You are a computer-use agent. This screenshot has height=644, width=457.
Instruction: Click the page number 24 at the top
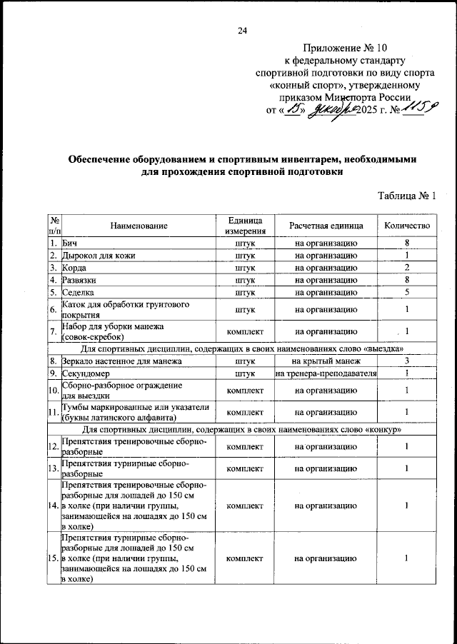242,30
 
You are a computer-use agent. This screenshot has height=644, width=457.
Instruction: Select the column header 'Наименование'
139,226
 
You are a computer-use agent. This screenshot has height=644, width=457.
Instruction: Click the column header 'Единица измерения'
245,226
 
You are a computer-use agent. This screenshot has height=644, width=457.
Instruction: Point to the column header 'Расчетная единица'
326,226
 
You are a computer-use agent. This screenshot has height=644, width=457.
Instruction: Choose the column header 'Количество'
406,226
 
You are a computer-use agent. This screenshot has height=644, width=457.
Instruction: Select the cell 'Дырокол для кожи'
98,256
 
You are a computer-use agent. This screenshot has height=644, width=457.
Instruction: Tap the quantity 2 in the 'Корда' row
406,268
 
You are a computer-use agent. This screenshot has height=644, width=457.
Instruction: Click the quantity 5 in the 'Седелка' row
406,292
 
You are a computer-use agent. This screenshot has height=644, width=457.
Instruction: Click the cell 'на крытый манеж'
326,362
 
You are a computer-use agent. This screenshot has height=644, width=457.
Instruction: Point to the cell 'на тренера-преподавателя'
326,373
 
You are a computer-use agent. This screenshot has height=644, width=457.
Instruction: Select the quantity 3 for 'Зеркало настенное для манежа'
406,362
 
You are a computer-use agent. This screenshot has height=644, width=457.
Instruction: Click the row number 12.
54,446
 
